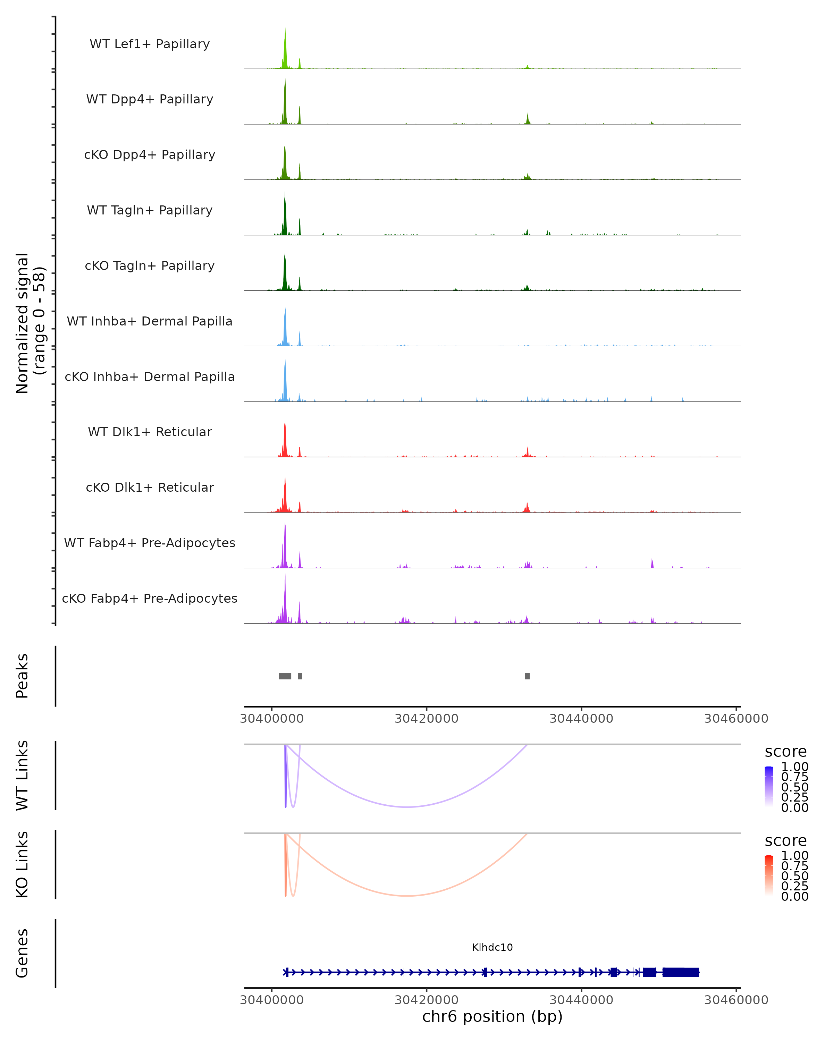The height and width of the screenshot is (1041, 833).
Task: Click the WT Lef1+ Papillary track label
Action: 150,44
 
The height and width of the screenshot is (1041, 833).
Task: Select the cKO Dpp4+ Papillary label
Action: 150,155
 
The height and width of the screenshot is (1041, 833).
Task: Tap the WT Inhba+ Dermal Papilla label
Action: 150,322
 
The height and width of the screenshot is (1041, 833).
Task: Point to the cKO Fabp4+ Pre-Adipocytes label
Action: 150,599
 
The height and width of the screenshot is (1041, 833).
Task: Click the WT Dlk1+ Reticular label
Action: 150,432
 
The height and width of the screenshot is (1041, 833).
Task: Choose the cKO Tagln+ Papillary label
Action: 150,266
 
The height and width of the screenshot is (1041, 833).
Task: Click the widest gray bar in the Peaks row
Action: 285,676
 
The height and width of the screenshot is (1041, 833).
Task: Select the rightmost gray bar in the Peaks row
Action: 527,676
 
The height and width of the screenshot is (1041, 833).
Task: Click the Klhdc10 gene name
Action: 492,947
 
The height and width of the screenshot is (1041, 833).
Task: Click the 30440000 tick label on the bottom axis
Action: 581,1000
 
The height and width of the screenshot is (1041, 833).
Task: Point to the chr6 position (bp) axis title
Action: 492,1017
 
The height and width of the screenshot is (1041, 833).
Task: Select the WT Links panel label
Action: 22,776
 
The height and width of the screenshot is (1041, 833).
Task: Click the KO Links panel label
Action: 22,865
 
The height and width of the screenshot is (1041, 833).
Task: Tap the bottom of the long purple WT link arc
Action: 407,807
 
